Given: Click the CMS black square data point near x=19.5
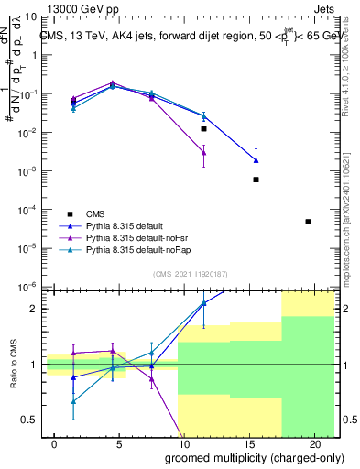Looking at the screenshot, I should click(x=308, y=222).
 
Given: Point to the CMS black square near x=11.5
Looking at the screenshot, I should click(x=204, y=129).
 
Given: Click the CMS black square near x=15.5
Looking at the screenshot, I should click(x=256, y=180).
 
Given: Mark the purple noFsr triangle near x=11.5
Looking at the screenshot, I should click(x=204, y=153).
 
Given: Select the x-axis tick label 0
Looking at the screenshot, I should click(x=55, y=442).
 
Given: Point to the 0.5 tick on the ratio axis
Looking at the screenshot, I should click(x=29, y=420).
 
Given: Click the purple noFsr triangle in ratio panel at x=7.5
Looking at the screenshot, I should click(x=152, y=377).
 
